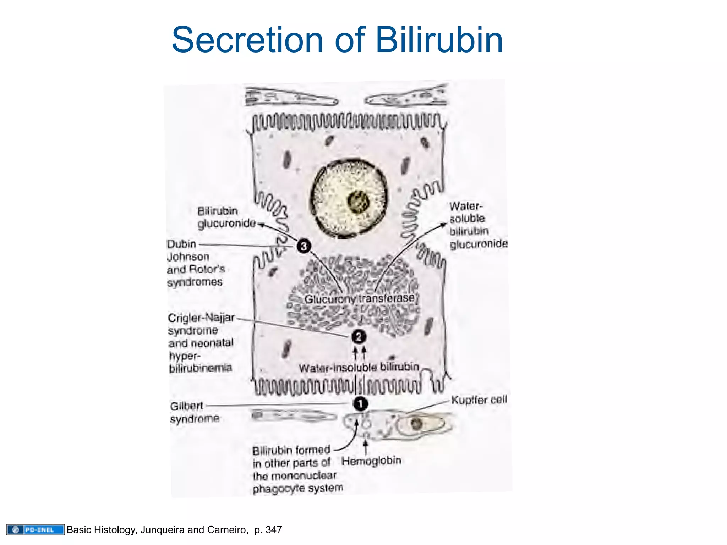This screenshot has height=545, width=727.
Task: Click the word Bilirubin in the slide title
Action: tap(439, 40)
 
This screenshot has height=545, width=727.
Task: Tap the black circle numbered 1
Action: tap(360, 404)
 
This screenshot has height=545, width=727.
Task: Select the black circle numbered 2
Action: tap(359, 336)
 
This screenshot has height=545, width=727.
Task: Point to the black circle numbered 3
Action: tap(304, 246)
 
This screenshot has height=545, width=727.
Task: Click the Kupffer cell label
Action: tap(479, 400)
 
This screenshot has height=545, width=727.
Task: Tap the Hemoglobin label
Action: tap(371, 461)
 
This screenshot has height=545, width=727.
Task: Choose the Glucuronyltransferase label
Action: tap(360, 299)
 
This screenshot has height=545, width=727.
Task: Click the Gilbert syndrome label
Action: tap(194, 412)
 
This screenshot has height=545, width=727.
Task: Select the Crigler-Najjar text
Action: tap(201, 318)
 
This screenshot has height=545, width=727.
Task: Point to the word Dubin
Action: tap(181, 244)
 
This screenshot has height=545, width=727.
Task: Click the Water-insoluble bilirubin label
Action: tap(359, 367)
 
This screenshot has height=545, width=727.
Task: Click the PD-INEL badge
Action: tap(35, 530)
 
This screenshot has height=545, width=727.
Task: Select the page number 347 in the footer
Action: tap(274, 530)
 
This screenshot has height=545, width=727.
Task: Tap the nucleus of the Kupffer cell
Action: tap(416, 424)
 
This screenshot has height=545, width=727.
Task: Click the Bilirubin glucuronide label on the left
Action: tap(226, 217)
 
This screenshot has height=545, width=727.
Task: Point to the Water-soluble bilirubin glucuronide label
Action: tap(477, 225)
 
